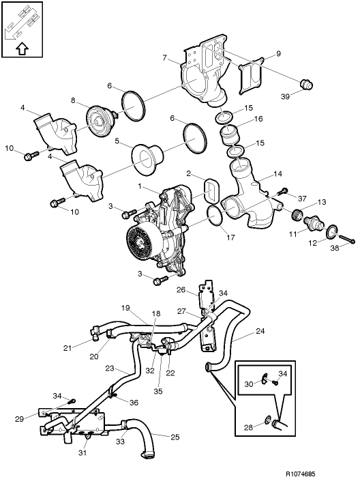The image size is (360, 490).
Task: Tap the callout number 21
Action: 67,348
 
